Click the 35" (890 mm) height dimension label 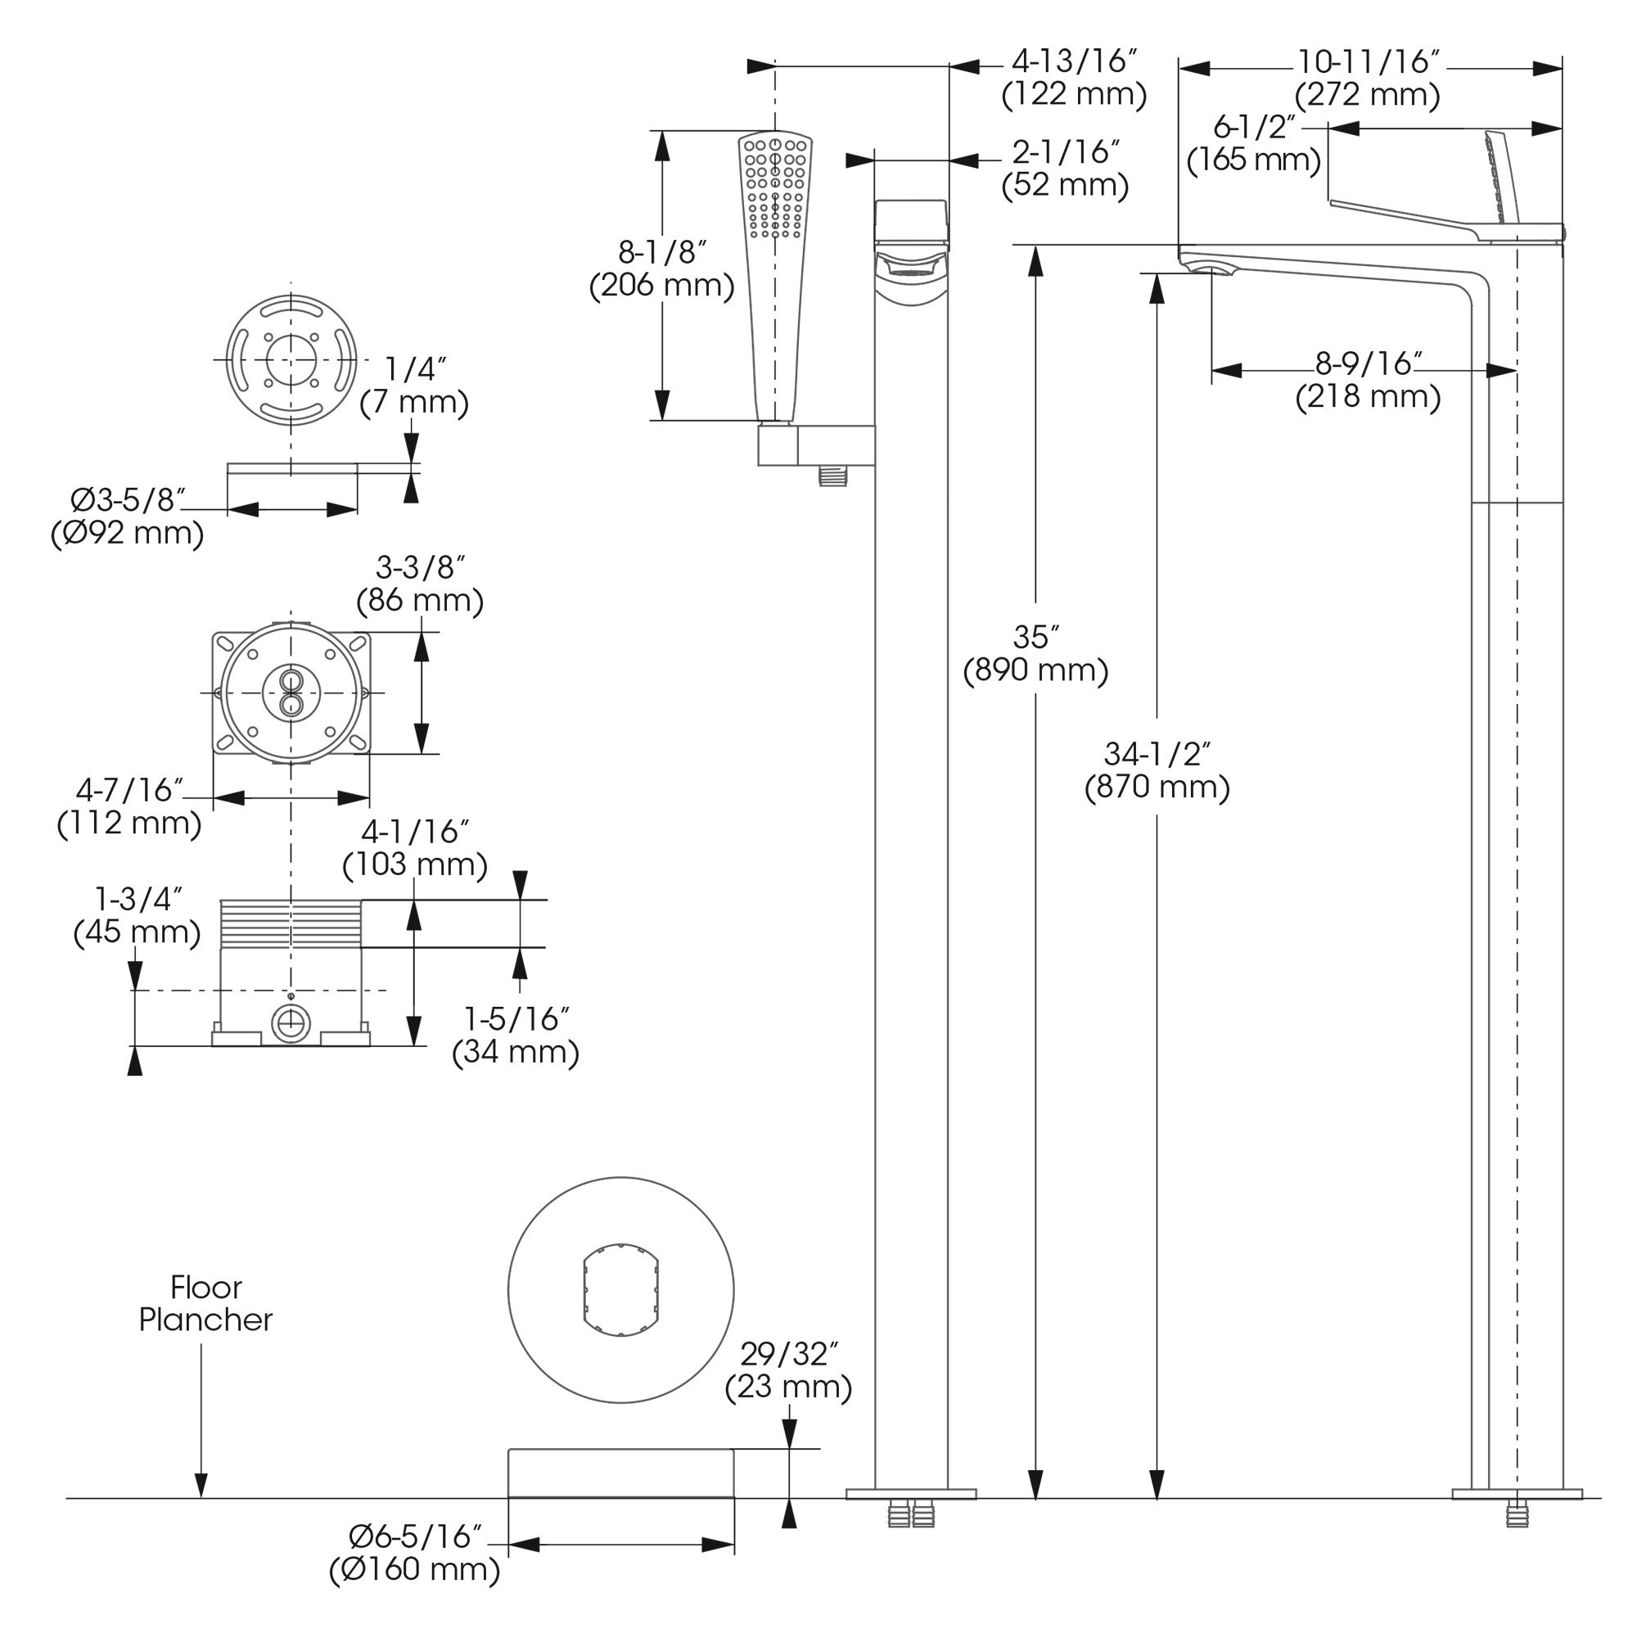tap(1035, 654)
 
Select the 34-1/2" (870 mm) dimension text tap(1157, 770)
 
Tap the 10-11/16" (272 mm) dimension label tap(1367, 78)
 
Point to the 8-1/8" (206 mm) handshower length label tap(661, 268)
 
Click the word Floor tap(206, 1288)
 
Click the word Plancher tap(206, 1320)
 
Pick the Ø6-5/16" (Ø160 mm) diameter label tap(414, 1552)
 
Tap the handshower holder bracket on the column tap(814, 446)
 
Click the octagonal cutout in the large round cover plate tap(620, 1289)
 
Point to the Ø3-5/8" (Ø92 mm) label tap(127, 517)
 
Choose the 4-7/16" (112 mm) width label tap(129, 806)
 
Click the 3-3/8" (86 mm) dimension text tap(420, 584)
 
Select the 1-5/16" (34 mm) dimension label tap(516, 1036)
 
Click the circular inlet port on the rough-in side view tap(291, 1025)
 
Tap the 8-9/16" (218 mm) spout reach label tap(1368, 380)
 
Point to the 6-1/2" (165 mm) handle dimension tap(1254, 143)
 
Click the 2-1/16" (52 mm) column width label tap(1066, 168)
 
